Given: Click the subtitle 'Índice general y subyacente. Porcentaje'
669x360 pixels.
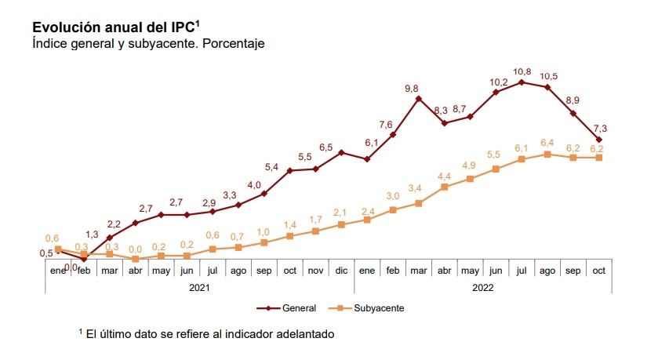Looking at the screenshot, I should click(148, 44).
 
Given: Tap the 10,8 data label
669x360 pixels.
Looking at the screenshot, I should click(522, 72).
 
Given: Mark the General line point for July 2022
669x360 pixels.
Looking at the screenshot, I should click(522, 82).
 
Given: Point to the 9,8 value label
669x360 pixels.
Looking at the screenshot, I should click(412, 89).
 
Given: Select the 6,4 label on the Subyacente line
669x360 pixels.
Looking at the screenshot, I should click(547, 143).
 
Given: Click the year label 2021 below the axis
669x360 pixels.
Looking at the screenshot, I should click(200, 287).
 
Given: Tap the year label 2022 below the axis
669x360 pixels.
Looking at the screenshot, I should click(483, 287).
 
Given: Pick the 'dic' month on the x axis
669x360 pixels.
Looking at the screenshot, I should click(341, 271).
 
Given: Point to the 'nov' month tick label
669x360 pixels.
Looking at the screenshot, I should click(315, 271).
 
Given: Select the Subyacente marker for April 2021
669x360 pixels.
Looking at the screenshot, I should click(136, 259).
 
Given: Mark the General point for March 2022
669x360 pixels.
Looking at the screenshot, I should click(419, 99).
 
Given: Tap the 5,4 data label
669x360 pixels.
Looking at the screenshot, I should click(271, 167).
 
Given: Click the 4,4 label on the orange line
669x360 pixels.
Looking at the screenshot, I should click(443, 176).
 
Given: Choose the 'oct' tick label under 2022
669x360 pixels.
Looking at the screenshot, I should click(598, 271).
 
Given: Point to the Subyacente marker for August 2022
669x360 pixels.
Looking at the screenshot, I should click(547, 155).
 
